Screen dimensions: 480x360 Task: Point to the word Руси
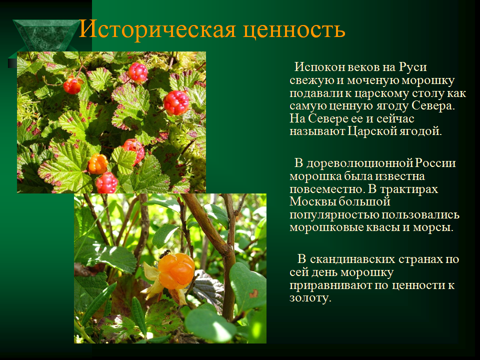click(x=412, y=67)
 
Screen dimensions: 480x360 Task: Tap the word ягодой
click(x=420, y=132)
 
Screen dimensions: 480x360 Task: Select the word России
click(x=435, y=163)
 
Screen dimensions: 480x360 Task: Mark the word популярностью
click(x=333, y=215)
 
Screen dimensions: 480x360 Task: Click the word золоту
click(x=310, y=298)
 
